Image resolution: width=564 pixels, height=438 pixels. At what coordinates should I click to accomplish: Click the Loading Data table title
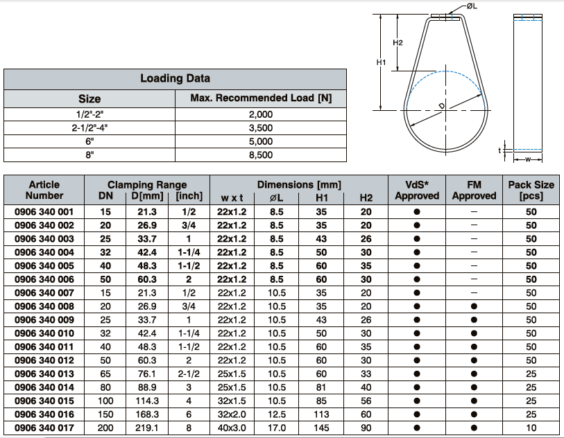pyautogui.click(x=175, y=78)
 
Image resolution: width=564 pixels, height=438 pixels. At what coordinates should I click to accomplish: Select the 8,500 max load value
pyautogui.click(x=261, y=155)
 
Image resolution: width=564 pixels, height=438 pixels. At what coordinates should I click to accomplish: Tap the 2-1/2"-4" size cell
pyautogui.click(x=89, y=128)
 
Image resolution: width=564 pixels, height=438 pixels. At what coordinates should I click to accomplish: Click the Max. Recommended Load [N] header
pyautogui.click(x=261, y=98)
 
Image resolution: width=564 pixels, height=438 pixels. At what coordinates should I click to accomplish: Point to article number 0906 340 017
pyautogui.click(x=44, y=428)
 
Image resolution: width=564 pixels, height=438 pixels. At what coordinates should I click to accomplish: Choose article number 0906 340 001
pyautogui.click(x=44, y=212)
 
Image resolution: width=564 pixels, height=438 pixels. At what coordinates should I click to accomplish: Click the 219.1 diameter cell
pyautogui.click(x=147, y=428)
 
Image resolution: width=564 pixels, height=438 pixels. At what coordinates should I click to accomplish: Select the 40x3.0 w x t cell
pyautogui.click(x=232, y=428)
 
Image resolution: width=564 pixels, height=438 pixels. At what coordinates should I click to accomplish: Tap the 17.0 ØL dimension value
pyautogui.click(x=277, y=428)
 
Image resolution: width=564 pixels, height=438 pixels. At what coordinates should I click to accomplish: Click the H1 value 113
pyautogui.click(x=321, y=414)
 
